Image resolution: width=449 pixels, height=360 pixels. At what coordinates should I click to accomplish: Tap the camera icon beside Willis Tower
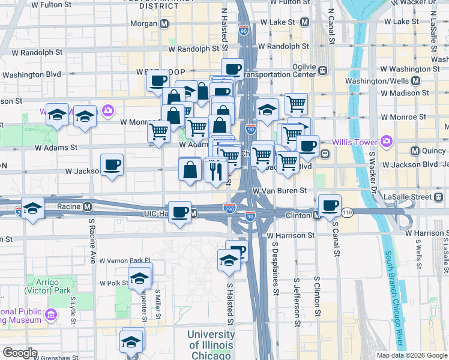click(x=386, y=142)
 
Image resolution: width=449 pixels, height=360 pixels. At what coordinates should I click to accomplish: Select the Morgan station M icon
click(x=164, y=24)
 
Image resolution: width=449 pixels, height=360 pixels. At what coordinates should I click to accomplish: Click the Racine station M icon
click(x=88, y=207)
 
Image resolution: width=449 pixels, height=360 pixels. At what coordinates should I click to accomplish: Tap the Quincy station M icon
click(x=414, y=151)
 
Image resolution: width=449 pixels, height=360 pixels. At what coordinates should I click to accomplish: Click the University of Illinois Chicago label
click(x=211, y=345)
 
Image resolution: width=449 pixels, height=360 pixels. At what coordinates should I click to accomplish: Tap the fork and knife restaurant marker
click(x=215, y=172)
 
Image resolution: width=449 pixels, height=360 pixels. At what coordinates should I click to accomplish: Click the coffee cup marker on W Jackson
click(x=112, y=164)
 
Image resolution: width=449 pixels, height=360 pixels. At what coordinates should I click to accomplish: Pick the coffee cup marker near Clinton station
click(x=329, y=205)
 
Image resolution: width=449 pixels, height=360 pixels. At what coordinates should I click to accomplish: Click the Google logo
click(x=20, y=353)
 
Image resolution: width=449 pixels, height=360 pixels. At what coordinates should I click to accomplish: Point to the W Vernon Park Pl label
click(x=123, y=261)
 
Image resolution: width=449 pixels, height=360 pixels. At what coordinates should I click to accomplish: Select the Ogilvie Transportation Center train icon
click(x=323, y=70)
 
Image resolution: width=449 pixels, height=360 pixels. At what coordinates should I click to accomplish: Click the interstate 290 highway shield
click(x=229, y=208)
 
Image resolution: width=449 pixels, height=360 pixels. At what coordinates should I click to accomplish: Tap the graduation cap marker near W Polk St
click(x=140, y=278)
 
